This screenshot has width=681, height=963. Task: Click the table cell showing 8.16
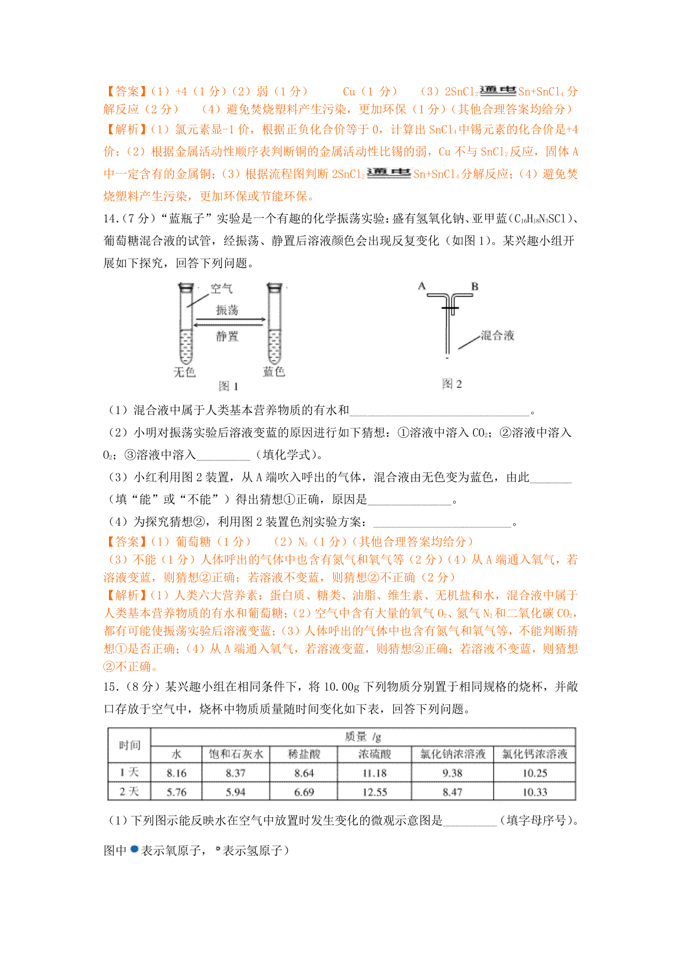click(176, 773)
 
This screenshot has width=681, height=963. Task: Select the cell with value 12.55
click(375, 792)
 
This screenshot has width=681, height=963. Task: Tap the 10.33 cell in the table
click(535, 792)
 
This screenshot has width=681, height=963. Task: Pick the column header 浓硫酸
click(375, 754)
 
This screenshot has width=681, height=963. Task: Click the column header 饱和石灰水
click(236, 754)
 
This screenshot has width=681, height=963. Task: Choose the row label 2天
click(129, 792)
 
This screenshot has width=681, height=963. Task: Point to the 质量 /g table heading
click(363, 737)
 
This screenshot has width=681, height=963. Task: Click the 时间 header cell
click(129, 745)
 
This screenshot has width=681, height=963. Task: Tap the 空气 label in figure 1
click(221, 289)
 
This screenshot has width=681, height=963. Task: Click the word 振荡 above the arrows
click(227, 310)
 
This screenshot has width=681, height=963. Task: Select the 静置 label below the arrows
click(227, 336)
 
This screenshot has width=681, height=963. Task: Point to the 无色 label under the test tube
click(184, 372)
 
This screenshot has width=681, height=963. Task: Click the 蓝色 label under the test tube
click(274, 371)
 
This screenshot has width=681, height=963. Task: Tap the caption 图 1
click(228, 386)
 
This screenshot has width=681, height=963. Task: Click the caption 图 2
click(452, 384)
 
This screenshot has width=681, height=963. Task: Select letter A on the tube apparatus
click(422, 286)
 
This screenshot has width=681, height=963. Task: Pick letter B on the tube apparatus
click(475, 286)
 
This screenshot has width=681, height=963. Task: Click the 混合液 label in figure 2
click(497, 335)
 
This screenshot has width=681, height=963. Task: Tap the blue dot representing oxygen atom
click(134, 850)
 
